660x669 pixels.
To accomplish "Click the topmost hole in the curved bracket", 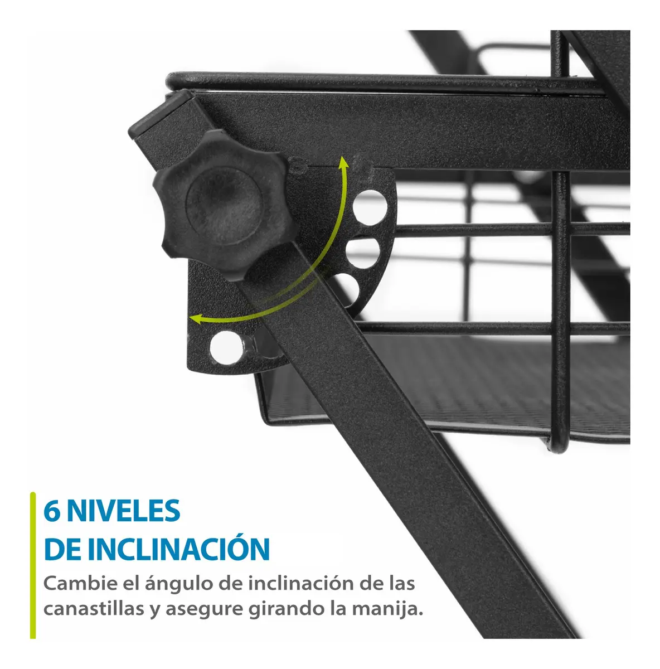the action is click(x=370, y=207).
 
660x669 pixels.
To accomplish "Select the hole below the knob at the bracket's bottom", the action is click(x=227, y=348).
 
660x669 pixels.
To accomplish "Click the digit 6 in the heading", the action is click(x=52, y=511).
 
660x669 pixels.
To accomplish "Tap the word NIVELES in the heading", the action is click(x=123, y=511).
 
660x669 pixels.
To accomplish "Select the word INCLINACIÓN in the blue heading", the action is click(x=179, y=549).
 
